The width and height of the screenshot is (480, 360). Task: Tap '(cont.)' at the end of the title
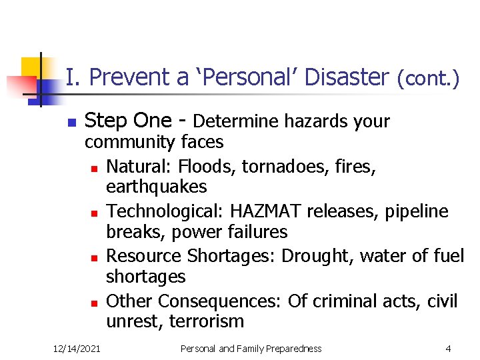(x=428, y=79)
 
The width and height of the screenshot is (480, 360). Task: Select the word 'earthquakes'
(x=157, y=187)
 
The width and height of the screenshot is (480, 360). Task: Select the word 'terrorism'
(x=207, y=321)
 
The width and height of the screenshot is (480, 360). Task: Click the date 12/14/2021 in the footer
(x=77, y=348)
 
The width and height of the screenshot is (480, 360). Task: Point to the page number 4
(x=449, y=348)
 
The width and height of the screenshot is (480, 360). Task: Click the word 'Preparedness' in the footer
(x=290, y=348)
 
